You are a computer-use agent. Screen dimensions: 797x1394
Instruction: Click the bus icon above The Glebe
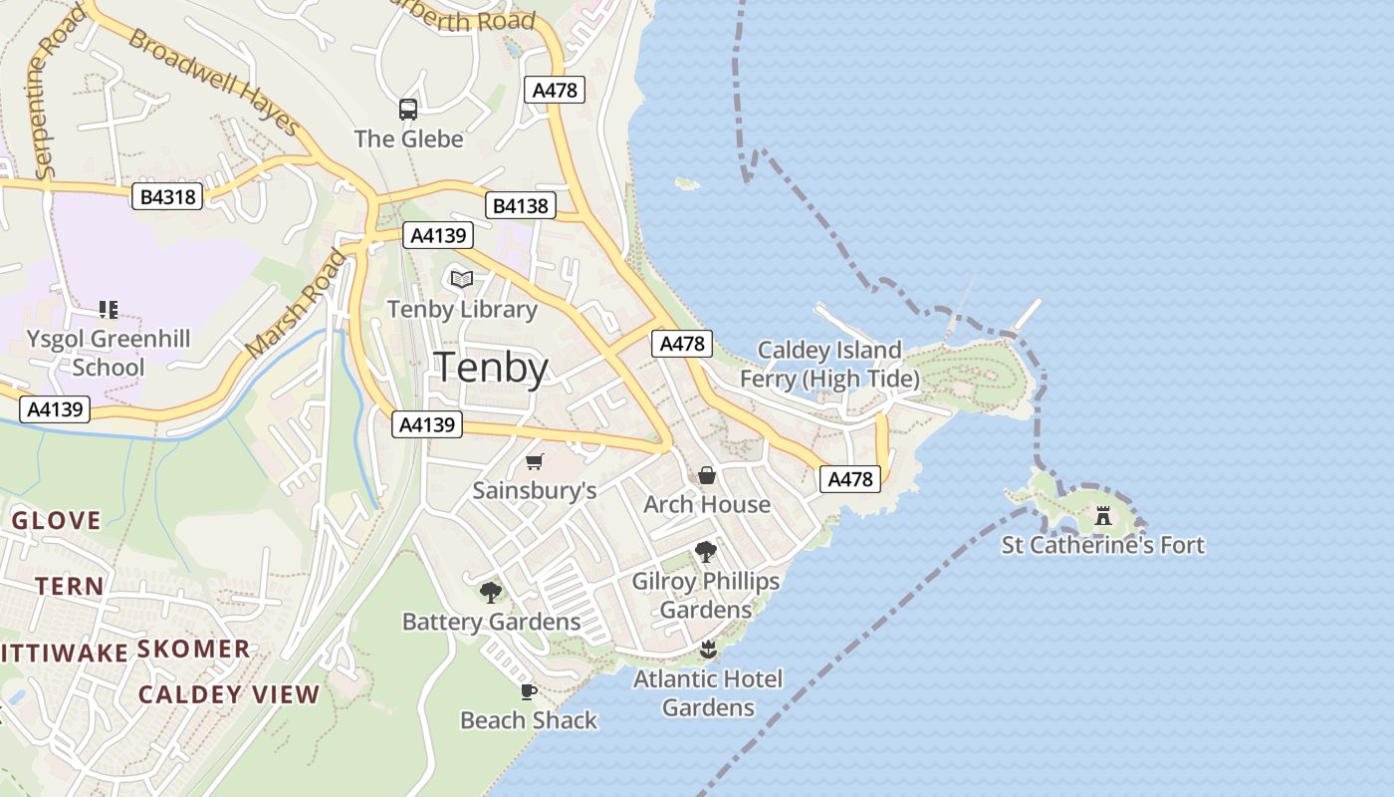pyautogui.click(x=408, y=110)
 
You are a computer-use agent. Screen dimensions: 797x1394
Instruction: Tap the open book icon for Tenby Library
pyautogui.click(x=462, y=280)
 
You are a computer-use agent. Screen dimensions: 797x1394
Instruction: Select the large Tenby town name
pyautogui.click(x=492, y=368)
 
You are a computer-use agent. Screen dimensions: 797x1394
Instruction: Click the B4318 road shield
pyautogui.click(x=167, y=196)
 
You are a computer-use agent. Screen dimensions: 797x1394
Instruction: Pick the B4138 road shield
pyautogui.click(x=521, y=206)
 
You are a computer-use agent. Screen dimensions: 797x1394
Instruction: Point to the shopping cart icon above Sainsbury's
pyautogui.click(x=535, y=461)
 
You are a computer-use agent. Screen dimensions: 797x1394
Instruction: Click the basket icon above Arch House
pyautogui.click(x=707, y=475)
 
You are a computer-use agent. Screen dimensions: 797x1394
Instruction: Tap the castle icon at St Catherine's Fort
pyautogui.click(x=1103, y=516)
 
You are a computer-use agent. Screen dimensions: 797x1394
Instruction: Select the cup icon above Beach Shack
pyautogui.click(x=529, y=691)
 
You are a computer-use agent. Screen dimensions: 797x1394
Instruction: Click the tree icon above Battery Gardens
pyautogui.click(x=491, y=593)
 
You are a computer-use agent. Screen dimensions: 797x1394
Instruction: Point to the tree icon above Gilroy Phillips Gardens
pyautogui.click(x=706, y=551)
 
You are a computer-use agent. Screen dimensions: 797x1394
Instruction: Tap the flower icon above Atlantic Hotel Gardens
pyautogui.click(x=708, y=651)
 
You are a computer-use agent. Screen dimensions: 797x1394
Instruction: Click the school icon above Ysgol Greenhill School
pyautogui.click(x=109, y=310)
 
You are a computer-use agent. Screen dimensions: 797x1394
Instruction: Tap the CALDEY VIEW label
pyautogui.click(x=229, y=694)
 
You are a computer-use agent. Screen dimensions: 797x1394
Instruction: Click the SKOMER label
pyautogui.click(x=193, y=650)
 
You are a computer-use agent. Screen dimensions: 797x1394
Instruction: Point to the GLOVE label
pyautogui.click(x=56, y=520)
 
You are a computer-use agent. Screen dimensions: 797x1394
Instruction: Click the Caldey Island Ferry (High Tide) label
pyautogui.click(x=829, y=365)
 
